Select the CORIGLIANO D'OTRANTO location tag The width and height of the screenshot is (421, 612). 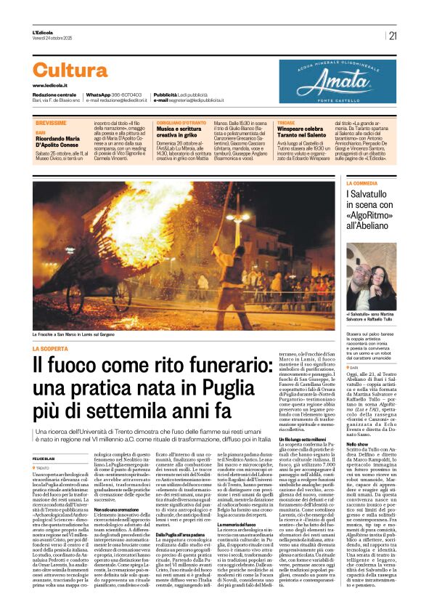pyautogui.click(x=182, y=124)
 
